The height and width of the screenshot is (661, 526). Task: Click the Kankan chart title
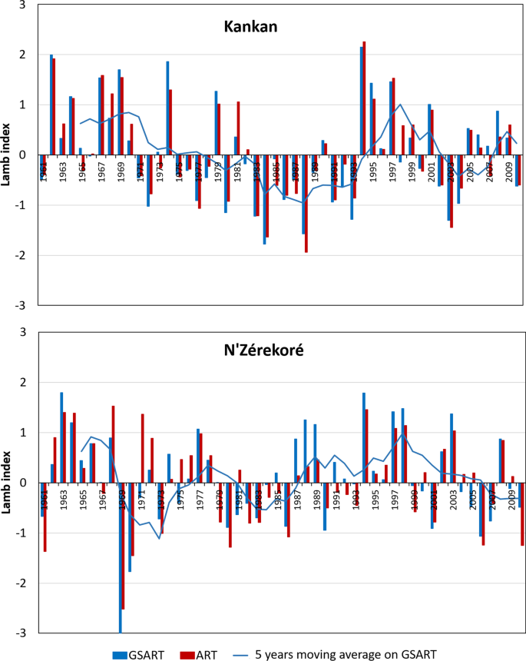[x=250, y=26]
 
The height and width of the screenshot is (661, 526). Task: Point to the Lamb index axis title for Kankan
[x=8, y=154]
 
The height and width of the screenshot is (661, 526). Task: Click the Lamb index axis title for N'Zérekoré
[x=8, y=483]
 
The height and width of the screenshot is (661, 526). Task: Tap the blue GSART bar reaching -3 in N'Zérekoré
[x=120, y=557]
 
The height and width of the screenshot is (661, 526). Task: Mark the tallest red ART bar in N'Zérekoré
[x=113, y=444]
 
